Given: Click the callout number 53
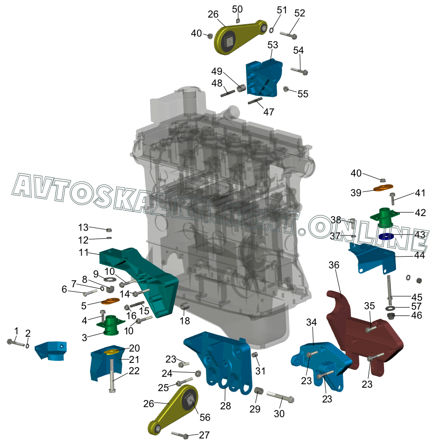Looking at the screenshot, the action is pos(273,45).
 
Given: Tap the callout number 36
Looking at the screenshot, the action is pos(334,265).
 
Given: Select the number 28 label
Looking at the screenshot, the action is pos(225,405).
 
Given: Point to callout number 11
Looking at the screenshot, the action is pos(84,253).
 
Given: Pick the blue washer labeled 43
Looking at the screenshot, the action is pos(386,236).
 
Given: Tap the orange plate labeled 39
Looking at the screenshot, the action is pos(383,188).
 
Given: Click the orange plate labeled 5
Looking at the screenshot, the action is pos(110,301).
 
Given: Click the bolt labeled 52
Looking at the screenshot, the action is pos(289,35).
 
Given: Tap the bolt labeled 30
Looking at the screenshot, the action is pos(281,397).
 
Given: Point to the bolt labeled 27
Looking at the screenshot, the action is pos(180,435).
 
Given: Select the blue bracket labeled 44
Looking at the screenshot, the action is pos(372,258).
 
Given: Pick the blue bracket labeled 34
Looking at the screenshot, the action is pos(321,365).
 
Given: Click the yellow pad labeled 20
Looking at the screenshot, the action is pos(111,351).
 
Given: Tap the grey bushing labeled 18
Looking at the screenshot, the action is pos(185,307).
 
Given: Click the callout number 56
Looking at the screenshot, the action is pos(205,417).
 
